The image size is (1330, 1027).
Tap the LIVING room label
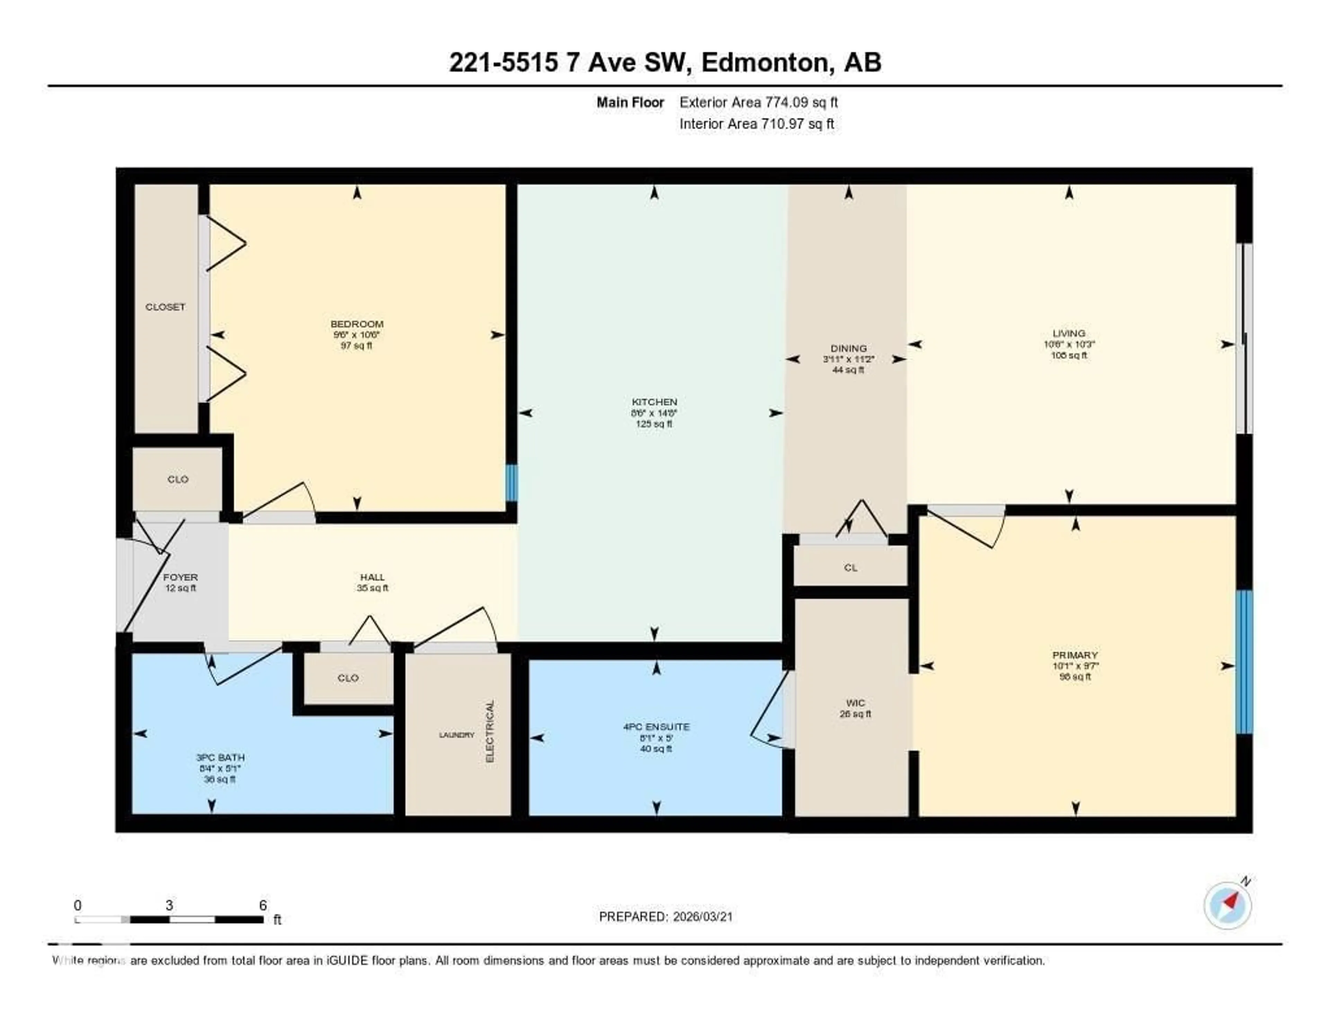click(1069, 333)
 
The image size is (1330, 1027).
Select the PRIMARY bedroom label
click(1075, 655)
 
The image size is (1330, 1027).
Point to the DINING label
click(848, 349)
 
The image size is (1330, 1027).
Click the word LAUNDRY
click(456, 735)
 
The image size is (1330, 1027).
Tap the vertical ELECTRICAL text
click(490, 731)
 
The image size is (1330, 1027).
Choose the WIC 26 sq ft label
click(855, 708)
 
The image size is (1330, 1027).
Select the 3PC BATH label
click(220, 757)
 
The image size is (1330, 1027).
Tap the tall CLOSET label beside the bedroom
click(165, 307)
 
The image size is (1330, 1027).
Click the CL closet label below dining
click(850, 568)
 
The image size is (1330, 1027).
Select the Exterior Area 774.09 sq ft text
click(758, 102)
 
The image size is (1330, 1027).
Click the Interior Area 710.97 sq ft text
click(756, 124)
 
